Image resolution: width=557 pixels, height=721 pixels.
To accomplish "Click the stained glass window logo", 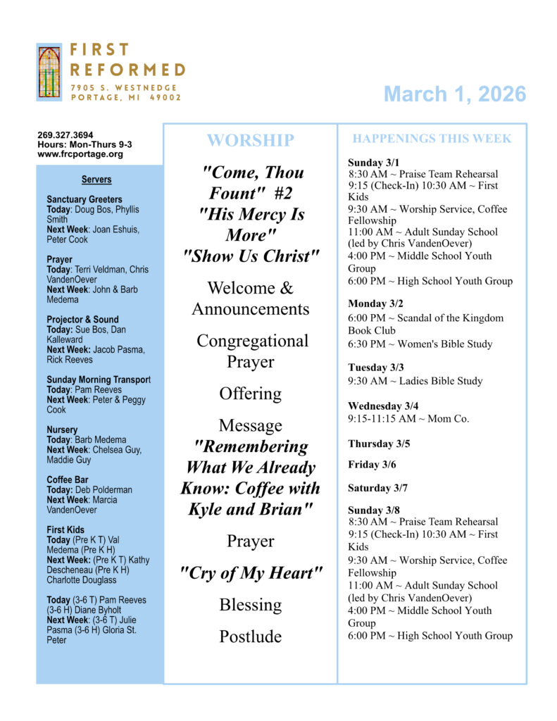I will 49,72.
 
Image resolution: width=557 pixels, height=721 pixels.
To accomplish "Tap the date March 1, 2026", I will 455,94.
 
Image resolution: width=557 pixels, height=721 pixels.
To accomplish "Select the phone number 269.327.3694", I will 65,135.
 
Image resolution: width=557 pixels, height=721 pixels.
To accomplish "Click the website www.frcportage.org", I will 80,153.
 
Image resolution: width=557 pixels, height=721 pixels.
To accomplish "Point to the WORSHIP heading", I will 250,140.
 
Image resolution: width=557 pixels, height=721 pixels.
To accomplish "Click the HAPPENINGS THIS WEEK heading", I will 432,139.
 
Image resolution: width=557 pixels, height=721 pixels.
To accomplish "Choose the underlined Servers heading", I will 96,180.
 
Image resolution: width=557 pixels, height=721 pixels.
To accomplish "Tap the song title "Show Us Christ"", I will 251,256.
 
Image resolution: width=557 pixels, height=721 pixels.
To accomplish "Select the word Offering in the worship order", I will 250,394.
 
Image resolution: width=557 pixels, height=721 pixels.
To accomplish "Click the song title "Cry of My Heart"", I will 251,573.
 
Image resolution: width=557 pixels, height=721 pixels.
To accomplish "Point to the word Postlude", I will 250,637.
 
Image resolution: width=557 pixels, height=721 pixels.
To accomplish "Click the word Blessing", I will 250,605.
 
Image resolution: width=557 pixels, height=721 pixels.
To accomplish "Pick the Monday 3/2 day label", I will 377,303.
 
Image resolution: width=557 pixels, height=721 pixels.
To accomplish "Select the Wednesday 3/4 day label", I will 383,406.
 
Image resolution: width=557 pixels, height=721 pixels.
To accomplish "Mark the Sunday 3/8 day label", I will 374,510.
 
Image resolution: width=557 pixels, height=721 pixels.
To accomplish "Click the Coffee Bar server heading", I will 68,479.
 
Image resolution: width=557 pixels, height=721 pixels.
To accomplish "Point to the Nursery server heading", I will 62,430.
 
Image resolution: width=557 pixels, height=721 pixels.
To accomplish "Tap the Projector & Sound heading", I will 82,320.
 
